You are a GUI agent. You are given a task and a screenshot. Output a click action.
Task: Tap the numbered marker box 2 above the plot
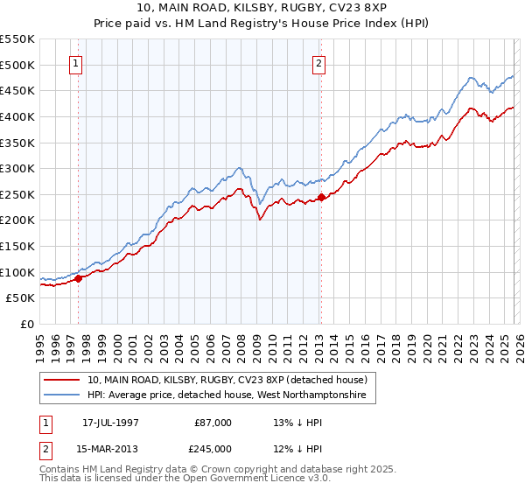click(x=318, y=63)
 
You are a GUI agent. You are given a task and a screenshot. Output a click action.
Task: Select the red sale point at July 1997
click(x=79, y=279)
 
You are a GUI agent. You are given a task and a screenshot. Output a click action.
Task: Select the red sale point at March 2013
click(x=321, y=197)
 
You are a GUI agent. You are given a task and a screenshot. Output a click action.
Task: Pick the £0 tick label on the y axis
click(x=28, y=325)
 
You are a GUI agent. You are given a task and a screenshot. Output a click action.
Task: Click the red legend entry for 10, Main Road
click(x=232, y=381)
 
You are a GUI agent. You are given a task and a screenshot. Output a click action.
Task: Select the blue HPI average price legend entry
click(x=232, y=396)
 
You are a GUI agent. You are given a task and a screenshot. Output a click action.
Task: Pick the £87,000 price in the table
click(x=213, y=423)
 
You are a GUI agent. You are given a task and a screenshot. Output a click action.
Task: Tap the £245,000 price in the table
click(x=213, y=447)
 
